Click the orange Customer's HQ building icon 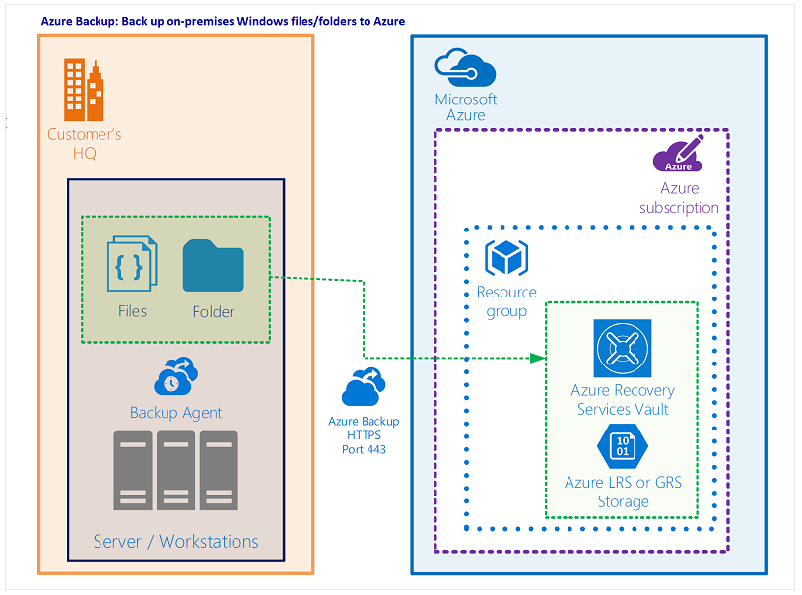pos(84,90)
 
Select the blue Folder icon pos(213,266)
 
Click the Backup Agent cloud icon pos(175,377)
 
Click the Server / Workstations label pos(175,541)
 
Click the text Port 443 pos(364,449)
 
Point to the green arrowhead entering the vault pos(538,358)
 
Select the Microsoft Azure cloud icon pos(465,69)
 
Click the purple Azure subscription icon pos(679,156)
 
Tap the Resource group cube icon pos(506,258)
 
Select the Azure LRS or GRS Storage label pos(623,492)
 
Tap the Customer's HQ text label pos(85,144)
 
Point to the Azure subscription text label pos(679,198)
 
